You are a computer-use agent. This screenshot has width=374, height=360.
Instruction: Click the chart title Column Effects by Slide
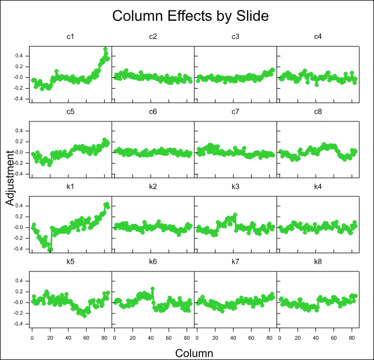click(x=191, y=16)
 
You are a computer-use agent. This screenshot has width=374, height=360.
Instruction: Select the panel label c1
click(x=70, y=37)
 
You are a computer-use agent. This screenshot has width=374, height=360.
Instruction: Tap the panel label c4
click(x=318, y=37)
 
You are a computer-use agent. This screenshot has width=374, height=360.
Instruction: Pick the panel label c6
click(x=153, y=112)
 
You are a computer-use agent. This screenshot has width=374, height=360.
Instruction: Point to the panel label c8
click(x=318, y=112)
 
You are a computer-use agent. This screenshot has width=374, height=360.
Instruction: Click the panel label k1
click(x=70, y=187)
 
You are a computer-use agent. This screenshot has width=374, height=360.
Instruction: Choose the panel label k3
click(x=235, y=187)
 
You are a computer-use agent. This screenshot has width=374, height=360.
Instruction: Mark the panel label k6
click(x=153, y=262)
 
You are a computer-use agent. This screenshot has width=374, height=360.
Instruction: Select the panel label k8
click(x=318, y=262)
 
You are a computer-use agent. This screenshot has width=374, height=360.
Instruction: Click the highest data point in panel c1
click(x=105, y=49)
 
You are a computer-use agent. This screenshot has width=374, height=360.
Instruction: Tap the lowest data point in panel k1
click(x=50, y=250)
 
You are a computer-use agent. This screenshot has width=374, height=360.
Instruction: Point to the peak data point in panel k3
click(x=235, y=214)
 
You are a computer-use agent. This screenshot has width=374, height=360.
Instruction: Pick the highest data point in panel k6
click(x=152, y=289)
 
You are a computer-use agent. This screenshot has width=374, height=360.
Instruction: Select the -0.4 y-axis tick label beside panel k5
click(x=19, y=324)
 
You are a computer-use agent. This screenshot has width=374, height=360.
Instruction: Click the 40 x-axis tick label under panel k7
click(x=232, y=333)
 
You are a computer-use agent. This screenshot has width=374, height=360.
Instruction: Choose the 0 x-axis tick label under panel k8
click(x=279, y=333)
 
